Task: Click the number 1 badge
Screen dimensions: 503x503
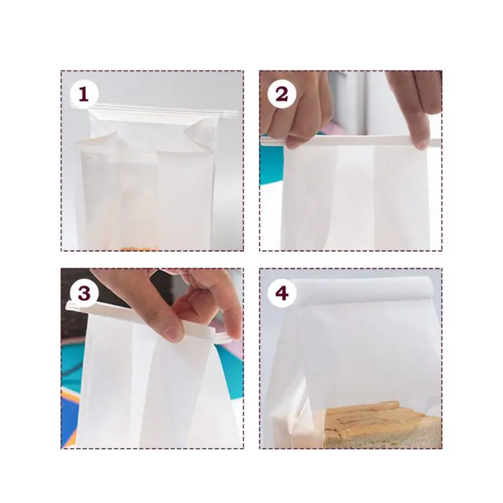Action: coord(83,95)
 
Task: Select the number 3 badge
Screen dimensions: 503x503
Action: coord(83,293)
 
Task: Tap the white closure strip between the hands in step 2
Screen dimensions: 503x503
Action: coord(355,142)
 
